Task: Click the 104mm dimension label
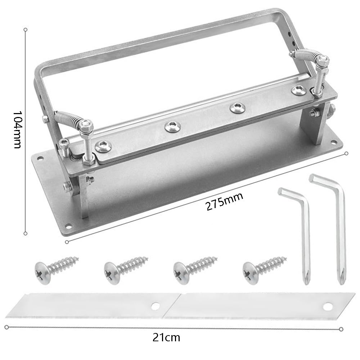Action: (17, 130)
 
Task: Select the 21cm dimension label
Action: (166, 338)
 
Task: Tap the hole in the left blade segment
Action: (156, 306)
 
